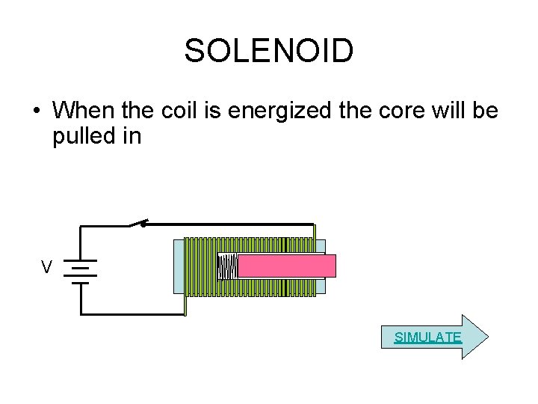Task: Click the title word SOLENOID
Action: (x=268, y=52)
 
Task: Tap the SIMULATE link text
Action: (x=428, y=337)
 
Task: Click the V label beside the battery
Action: (x=47, y=267)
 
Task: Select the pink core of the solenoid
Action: (x=287, y=266)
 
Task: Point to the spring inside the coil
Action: (x=227, y=266)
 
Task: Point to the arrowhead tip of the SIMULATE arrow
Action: (x=486, y=337)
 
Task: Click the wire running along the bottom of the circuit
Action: (x=131, y=313)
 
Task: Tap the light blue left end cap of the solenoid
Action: (x=179, y=266)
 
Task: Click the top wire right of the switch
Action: (x=232, y=223)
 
